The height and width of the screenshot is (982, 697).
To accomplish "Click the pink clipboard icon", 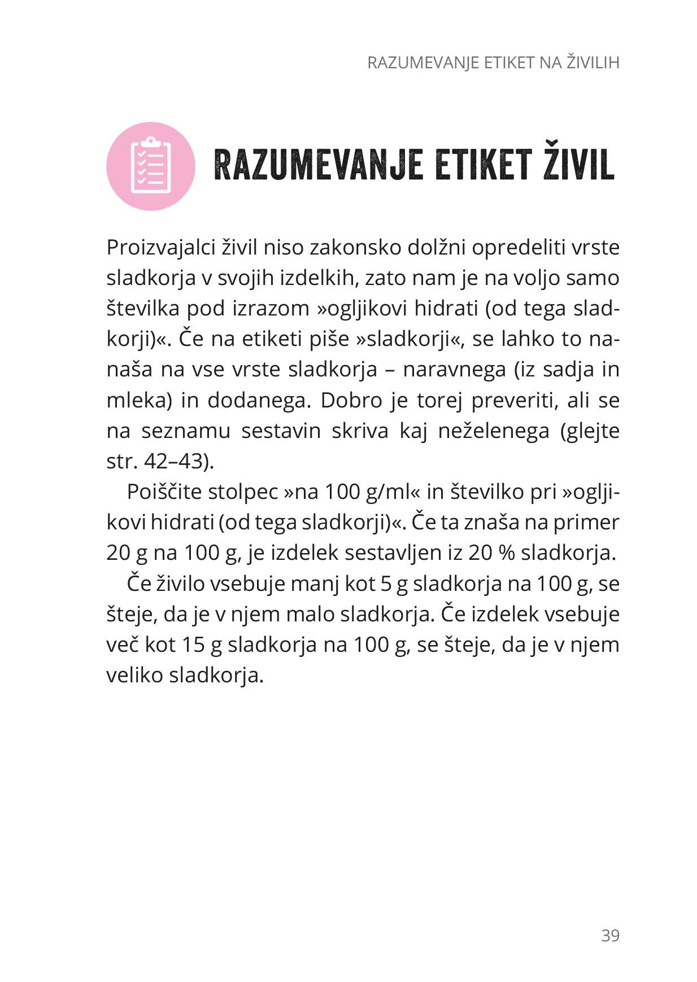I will (150, 166).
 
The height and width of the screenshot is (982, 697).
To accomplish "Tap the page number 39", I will (610, 936).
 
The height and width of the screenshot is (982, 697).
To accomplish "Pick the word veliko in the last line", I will (134, 675).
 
